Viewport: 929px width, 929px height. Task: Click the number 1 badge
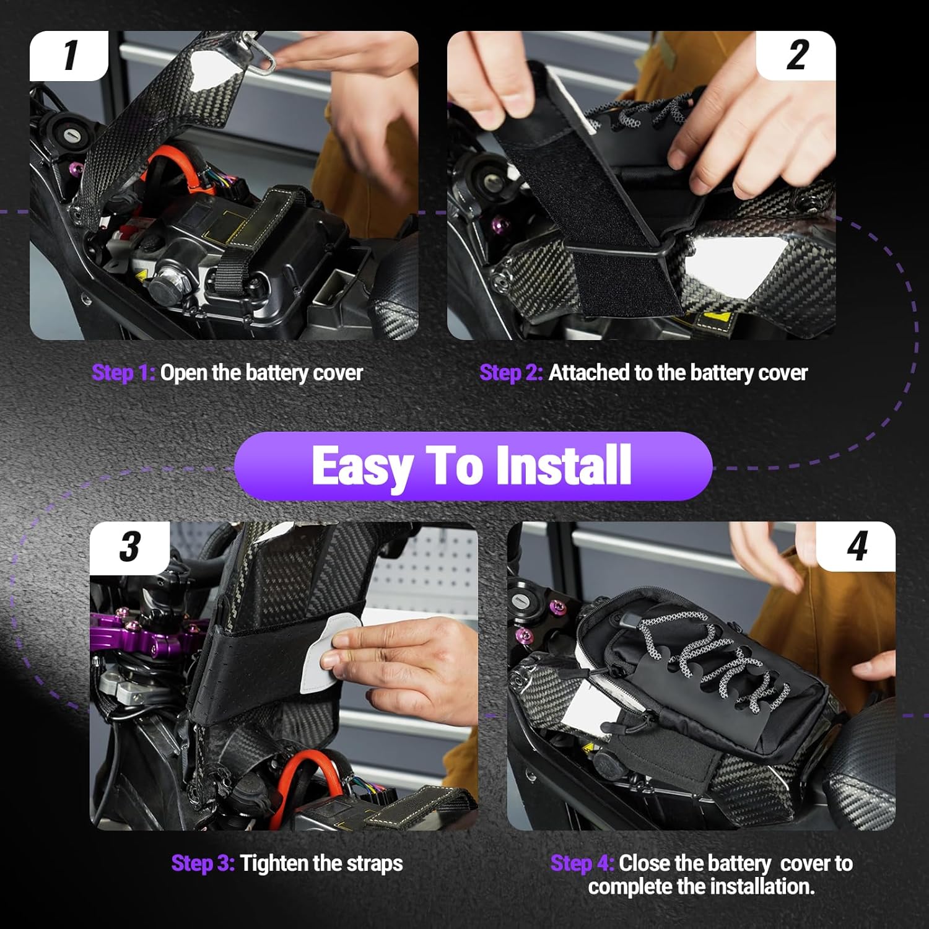point(69,56)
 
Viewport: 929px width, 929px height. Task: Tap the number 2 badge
point(797,56)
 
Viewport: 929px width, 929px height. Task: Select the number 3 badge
point(129,547)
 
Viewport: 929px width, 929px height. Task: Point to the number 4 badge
point(857,547)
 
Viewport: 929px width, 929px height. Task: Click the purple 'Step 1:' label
point(123,373)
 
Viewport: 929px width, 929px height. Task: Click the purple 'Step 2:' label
point(511,373)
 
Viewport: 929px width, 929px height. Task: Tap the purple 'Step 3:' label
point(203,863)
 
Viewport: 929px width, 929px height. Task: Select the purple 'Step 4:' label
point(582,863)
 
